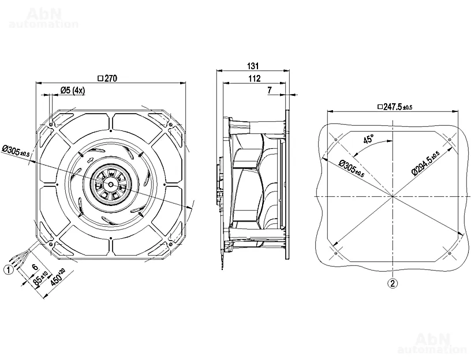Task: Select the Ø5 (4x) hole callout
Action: (72, 91)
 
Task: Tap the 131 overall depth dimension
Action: (253, 66)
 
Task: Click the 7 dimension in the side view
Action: (270, 91)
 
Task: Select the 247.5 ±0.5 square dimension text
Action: (394, 107)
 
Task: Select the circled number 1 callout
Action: (9, 268)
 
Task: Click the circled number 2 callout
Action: (392, 283)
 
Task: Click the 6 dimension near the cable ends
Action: (35, 267)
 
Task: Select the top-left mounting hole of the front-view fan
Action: (52, 123)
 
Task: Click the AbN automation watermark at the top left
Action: (43, 17)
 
